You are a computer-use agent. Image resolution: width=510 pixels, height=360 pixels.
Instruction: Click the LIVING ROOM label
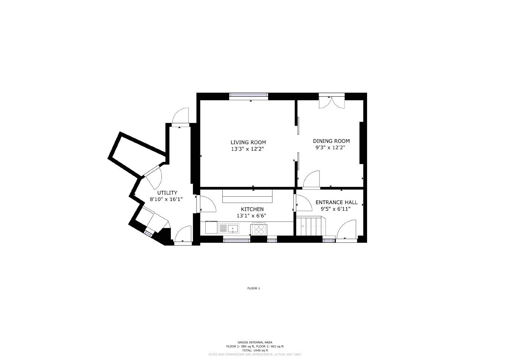[x=248, y=143]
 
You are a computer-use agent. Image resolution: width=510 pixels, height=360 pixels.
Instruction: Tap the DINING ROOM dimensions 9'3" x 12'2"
[x=331, y=148]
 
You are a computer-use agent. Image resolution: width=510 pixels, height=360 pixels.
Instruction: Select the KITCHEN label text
[x=252, y=209]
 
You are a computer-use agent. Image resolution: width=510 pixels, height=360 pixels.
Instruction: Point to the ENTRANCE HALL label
[x=336, y=202]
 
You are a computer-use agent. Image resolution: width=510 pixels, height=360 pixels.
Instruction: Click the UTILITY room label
[x=167, y=193]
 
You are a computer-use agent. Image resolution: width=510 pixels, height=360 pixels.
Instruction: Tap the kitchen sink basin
[x=233, y=228]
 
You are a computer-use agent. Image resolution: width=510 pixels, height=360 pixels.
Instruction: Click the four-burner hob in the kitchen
[x=259, y=229]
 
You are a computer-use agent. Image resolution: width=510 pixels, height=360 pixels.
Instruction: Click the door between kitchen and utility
[x=206, y=204]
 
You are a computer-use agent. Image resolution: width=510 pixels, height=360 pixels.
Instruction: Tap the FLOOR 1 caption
[x=253, y=288]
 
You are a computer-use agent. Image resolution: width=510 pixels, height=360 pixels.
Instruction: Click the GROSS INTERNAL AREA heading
[x=255, y=342]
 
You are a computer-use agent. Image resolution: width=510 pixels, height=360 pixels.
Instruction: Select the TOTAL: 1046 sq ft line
[x=255, y=350]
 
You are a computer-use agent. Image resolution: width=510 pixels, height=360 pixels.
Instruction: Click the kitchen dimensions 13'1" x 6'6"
[x=251, y=216]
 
